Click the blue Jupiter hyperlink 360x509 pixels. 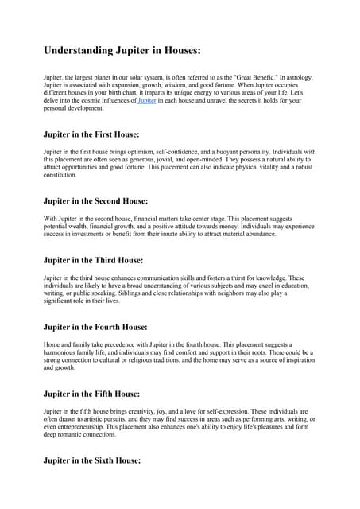(x=147, y=101)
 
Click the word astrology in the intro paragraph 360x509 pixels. (x=296, y=77)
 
